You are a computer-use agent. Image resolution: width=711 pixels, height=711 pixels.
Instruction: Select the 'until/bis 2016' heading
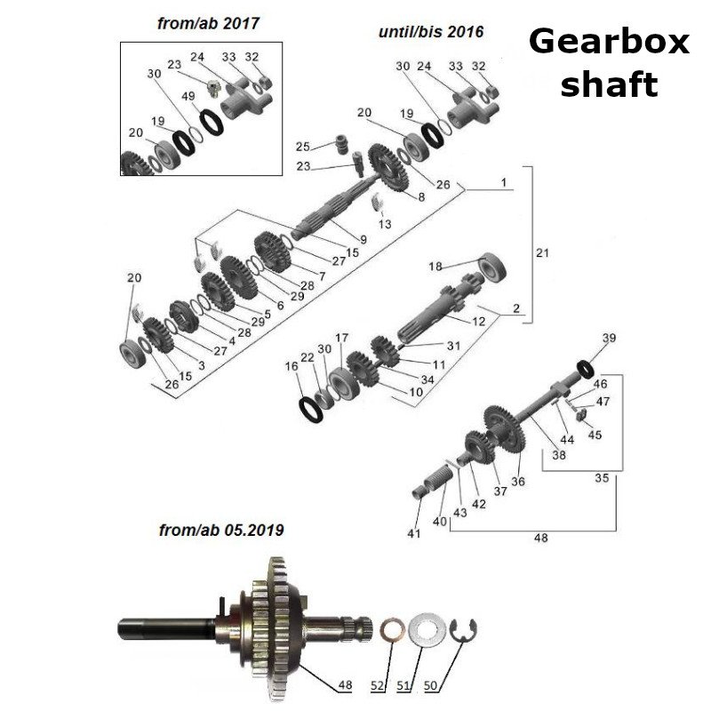pos(431,32)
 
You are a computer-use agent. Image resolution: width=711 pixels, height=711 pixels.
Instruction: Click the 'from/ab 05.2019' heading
pos(221,531)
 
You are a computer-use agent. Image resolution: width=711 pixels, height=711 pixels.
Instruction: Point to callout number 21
pos(543,253)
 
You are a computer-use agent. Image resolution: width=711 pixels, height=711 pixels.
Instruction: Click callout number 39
pos(609,338)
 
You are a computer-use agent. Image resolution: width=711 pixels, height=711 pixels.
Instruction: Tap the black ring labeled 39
pos(587,366)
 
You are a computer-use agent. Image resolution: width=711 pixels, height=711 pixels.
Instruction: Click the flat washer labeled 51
pos(425,632)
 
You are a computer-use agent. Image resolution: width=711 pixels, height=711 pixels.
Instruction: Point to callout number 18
pos(435,266)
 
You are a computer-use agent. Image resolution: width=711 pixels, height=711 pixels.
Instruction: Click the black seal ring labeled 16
pos(310,409)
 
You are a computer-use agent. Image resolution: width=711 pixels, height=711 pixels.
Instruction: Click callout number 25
pos(303,147)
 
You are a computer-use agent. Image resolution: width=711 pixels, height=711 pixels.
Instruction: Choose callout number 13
pos(385,224)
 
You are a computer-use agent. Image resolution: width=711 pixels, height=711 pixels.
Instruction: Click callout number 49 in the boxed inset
pos(188,95)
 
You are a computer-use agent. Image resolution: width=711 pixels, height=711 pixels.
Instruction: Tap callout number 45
pos(595,435)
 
